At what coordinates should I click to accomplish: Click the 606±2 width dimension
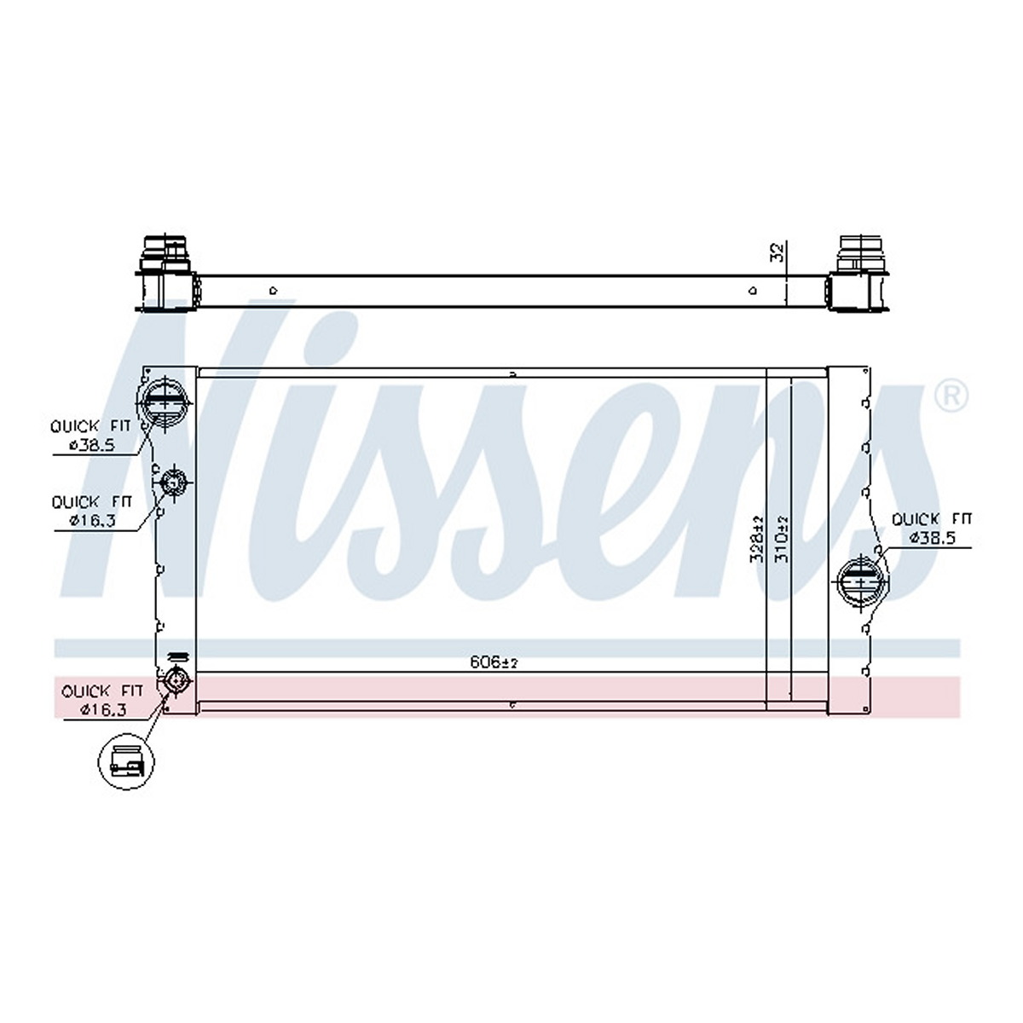tap(494, 662)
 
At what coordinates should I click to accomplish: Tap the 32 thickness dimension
tap(776, 252)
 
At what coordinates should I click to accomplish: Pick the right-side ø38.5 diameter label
tap(933, 538)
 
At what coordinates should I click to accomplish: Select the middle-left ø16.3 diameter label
tap(92, 520)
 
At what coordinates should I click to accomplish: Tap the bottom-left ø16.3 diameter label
tap(103, 709)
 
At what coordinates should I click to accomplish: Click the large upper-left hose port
tap(165, 404)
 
